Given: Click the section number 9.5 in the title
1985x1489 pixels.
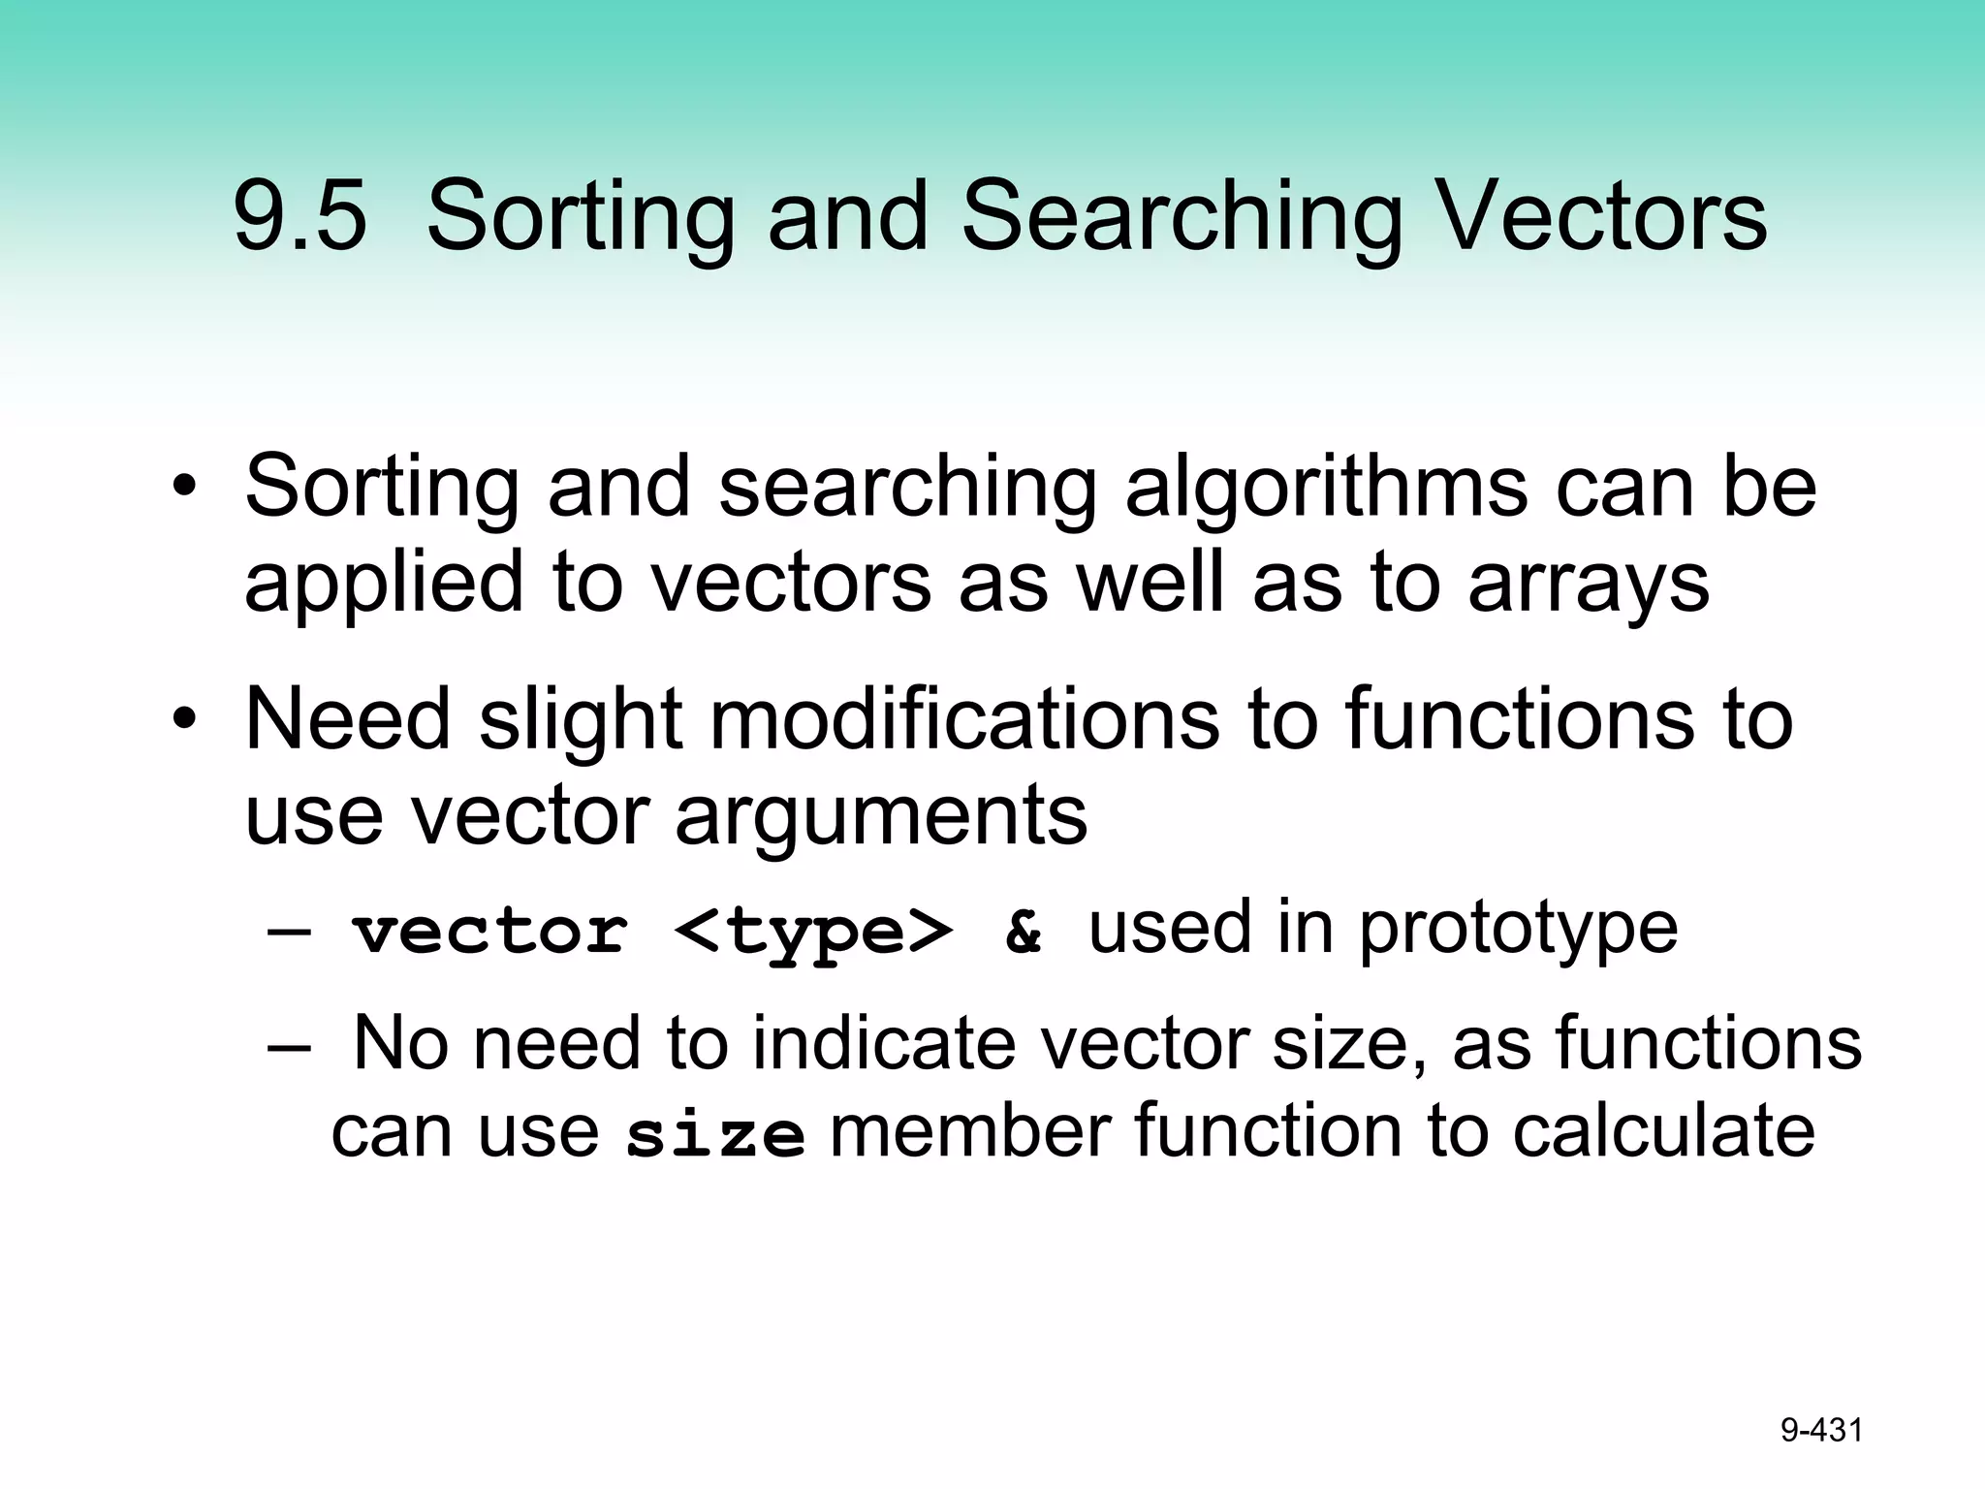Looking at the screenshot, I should (300, 217).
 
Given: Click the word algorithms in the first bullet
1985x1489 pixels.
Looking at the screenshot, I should (1323, 488).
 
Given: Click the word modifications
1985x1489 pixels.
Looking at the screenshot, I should (964, 719).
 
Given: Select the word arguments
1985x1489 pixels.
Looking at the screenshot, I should (881, 817).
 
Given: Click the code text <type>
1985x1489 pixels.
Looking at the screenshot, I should (813, 932).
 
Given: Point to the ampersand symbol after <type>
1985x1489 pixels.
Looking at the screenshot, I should (1024, 932).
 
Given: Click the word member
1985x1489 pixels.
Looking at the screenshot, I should (970, 1131).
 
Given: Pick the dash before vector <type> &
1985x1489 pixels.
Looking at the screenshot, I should (288, 932).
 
